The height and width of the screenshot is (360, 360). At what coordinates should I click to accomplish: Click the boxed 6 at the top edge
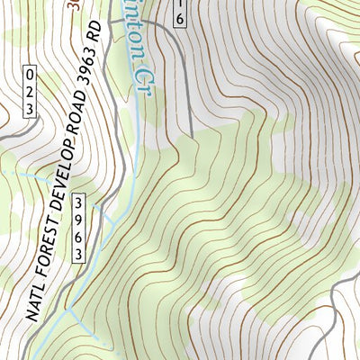pos(180,15)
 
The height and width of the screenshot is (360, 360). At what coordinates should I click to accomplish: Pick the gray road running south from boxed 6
pos(190,99)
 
